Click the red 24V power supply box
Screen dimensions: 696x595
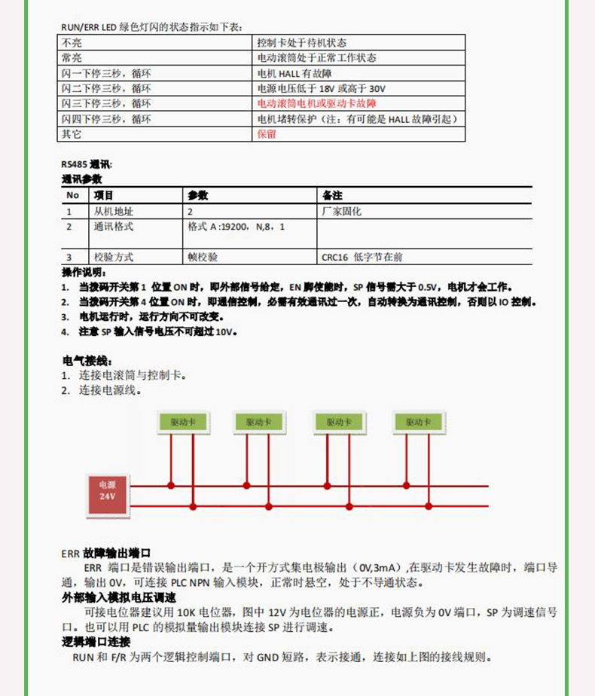pos(108,496)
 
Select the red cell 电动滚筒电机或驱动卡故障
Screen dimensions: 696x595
pos(316,103)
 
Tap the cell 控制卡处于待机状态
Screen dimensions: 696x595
pos(301,43)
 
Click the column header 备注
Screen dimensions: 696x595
pos(332,195)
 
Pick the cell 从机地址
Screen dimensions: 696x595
pos(113,212)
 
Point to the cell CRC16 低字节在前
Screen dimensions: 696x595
pos(362,257)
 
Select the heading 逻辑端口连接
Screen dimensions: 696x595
pos(96,642)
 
